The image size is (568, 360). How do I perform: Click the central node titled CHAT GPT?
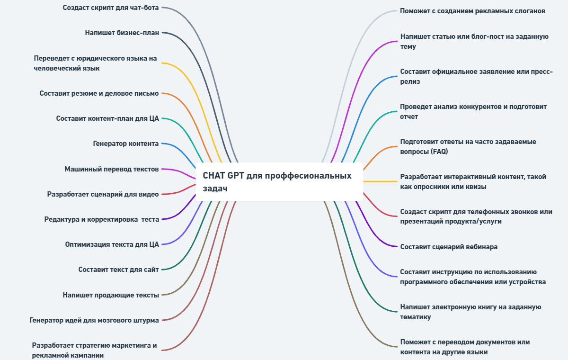279,182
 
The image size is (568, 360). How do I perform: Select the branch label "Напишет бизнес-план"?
122,33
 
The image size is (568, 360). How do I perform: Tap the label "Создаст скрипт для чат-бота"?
111,8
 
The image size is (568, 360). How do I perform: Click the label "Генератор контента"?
126,143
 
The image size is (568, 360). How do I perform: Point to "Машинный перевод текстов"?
112,169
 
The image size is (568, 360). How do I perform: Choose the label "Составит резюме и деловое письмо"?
99,93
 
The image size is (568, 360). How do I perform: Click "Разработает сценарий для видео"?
103,194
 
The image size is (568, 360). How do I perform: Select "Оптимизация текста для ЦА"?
112,244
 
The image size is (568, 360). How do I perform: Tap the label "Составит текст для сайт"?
118,270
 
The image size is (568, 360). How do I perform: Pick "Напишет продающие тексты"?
111,295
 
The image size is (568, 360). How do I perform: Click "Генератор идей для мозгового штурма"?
94,320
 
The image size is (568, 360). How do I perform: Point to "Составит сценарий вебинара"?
449,247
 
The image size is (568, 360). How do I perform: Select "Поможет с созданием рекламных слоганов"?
472,11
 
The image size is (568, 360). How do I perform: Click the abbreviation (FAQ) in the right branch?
439,152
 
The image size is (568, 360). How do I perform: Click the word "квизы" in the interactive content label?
477,187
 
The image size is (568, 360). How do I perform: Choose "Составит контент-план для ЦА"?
107,118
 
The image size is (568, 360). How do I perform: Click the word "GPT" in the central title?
236,176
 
